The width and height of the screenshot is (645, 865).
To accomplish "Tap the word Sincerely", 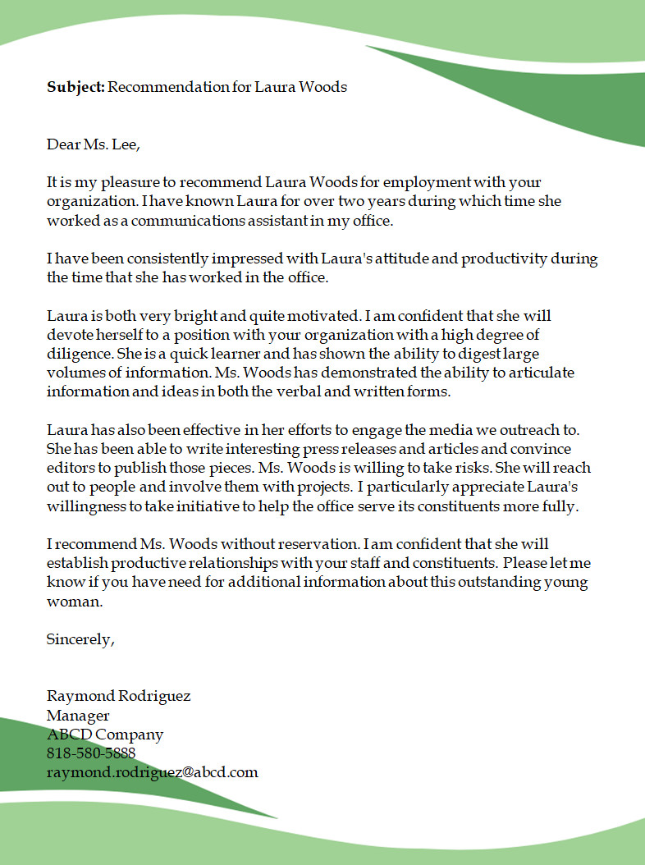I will coord(80,639).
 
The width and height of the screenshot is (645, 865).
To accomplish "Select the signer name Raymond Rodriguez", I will coord(118,696).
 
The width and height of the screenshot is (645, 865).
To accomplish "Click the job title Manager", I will coord(78,716).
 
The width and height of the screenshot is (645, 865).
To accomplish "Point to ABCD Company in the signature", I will coord(105,735).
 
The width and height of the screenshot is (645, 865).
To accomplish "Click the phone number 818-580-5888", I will coord(91,753).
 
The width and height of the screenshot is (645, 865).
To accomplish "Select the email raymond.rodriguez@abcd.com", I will coord(153,772).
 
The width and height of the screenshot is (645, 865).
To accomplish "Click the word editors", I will coord(71,469).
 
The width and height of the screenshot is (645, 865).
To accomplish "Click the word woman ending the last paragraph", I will coord(74,602).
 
